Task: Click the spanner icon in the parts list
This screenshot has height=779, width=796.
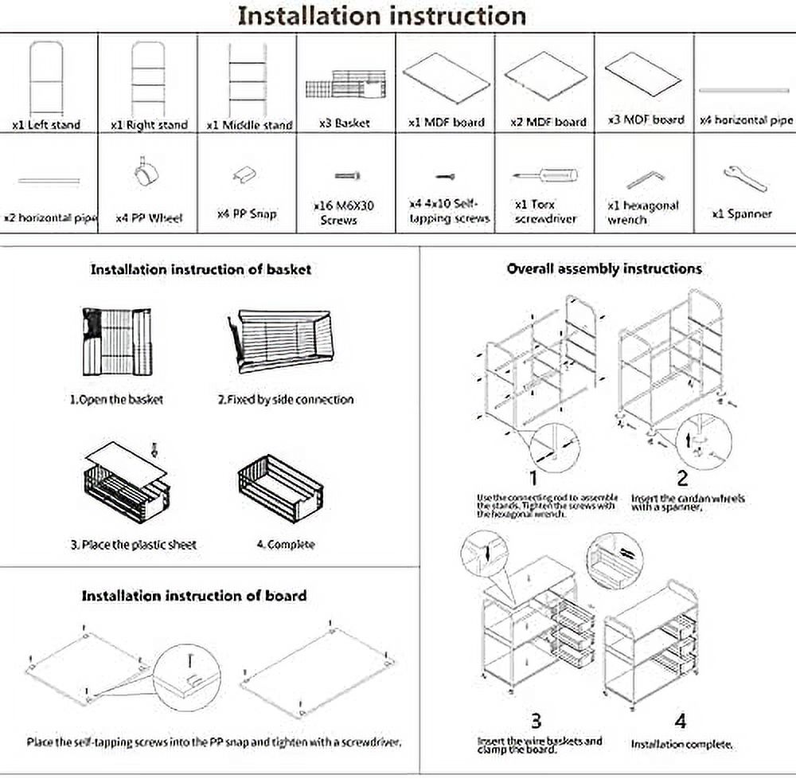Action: (x=745, y=179)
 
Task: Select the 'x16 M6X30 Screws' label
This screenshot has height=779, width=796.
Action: (x=344, y=213)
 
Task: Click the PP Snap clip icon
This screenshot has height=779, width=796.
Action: (x=247, y=177)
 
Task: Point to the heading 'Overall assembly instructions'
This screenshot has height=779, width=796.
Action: (x=604, y=269)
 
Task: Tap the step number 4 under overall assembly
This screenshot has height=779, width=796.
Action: (x=681, y=722)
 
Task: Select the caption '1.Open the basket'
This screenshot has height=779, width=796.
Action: (x=116, y=400)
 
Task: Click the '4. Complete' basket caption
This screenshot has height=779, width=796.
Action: (x=286, y=545)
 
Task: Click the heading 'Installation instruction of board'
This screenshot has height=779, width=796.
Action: (x=193, y=596)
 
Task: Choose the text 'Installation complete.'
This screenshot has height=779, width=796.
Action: (x=681, y=745)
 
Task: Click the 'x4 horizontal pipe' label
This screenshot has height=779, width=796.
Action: (x=746, y=120)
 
